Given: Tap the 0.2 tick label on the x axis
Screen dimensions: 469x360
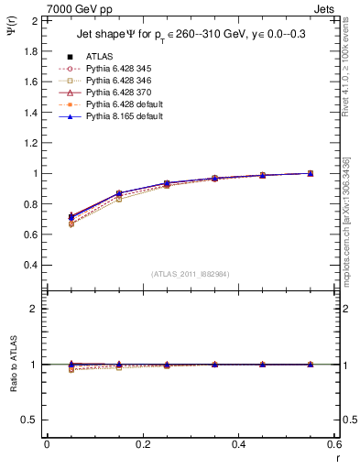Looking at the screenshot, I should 143,443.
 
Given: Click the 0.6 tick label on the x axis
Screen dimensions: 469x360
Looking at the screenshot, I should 334,443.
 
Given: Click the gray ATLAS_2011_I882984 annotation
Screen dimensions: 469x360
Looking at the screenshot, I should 191,274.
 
